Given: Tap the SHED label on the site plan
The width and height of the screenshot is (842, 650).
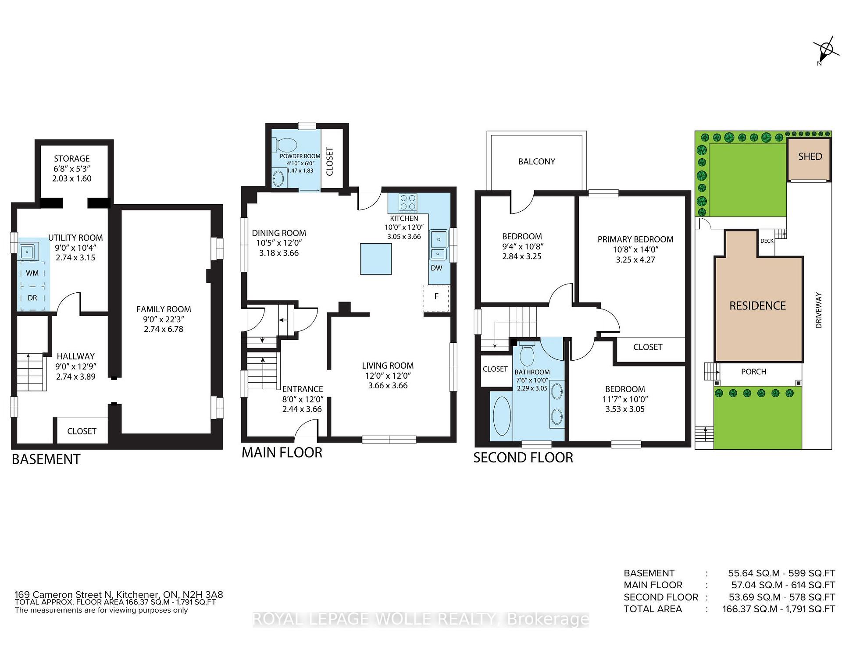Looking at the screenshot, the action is [x=810, y=156].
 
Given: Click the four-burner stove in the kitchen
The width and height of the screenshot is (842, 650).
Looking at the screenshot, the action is [x=408, y=203].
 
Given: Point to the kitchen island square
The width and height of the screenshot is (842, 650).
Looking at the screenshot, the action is [x=376, y=259].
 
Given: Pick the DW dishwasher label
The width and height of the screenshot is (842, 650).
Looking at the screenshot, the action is [x=436, y=268].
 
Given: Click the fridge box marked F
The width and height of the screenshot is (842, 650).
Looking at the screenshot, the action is [x=436, y=298].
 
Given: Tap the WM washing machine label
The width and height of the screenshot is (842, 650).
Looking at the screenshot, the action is [x=32, y=273].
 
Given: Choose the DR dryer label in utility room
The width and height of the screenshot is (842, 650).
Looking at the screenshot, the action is [x=32, y=298].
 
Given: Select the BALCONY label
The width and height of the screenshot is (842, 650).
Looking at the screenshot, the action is [x=537, y=162].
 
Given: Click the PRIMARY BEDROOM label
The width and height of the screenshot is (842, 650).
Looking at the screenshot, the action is [x=635, y=239].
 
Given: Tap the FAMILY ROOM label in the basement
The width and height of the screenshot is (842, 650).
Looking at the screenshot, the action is [x=164, y=309].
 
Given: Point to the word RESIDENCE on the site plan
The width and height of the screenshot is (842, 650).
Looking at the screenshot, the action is [x=757, y=305].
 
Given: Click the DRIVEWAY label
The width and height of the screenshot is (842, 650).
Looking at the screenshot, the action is [x=818, y=310].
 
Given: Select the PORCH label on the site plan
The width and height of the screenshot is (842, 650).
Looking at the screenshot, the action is [x=753, y=372].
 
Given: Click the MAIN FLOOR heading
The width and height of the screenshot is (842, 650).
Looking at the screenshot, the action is [x=282, y=452].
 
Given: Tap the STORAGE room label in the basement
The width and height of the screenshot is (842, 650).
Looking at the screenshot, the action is [x=72, y=159].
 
